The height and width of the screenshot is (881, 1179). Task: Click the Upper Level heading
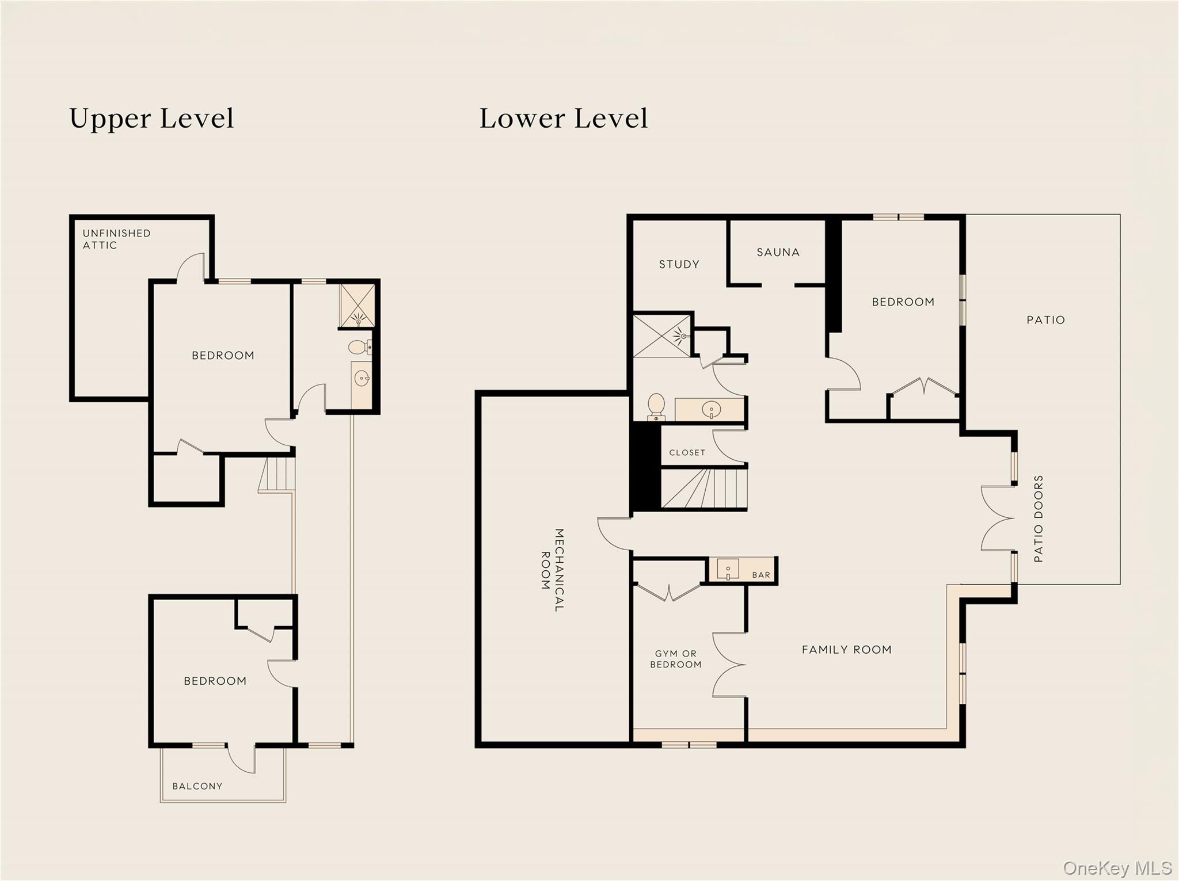coord(151,119)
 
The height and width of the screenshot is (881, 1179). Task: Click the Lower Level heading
coord(564,119)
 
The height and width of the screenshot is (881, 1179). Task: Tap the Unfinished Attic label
coord(116,239)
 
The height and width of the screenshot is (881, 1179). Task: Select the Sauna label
coord(778,252)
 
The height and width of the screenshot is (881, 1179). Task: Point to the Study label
coord(679,264)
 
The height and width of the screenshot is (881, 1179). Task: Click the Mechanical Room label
coord(552,570)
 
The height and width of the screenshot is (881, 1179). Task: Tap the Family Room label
coord(846,650)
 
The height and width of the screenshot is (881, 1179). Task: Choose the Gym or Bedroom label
coord(676,659)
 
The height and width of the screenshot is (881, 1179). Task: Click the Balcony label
coord(197,786)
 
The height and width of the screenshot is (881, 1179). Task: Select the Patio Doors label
coord(1039,518)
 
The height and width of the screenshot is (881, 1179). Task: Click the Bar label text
coord(761,575)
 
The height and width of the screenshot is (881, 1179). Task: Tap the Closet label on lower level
coord(687,453)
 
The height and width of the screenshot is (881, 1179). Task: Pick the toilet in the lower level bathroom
coord(656,407)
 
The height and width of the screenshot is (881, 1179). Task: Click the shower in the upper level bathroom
coord(357,306)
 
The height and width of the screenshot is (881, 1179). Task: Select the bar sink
coord(728,569)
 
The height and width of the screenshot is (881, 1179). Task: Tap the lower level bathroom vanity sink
coord(712,410)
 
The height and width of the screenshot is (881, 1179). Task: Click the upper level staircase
coord(277,474)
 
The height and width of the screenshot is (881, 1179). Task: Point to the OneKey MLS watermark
coord(1117,868)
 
